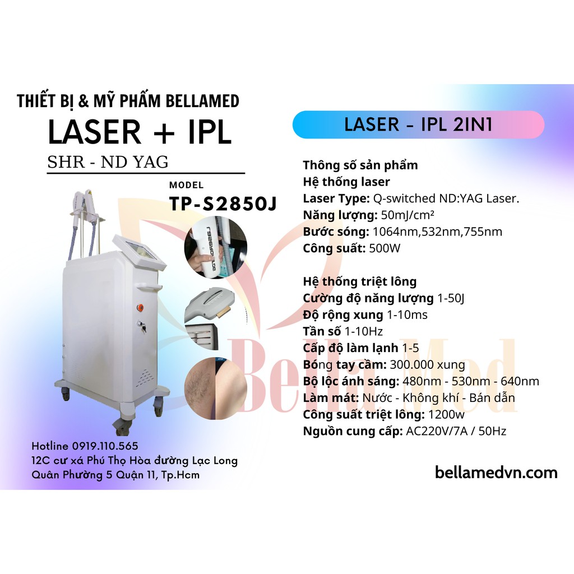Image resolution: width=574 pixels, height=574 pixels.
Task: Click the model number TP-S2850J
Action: point(223,204)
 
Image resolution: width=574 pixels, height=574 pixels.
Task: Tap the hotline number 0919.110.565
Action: point(105,446)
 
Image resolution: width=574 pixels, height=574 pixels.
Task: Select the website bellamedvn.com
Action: point(496,473)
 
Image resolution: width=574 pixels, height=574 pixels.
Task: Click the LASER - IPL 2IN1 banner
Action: point(418,124)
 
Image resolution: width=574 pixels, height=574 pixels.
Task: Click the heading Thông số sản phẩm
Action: point(360,165)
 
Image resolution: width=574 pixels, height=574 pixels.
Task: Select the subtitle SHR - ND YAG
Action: point(108,161)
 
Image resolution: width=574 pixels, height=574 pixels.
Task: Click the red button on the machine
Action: point(140,307)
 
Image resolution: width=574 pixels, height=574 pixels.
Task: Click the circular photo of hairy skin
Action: point(215,386)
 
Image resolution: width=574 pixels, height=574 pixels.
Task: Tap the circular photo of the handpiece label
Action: point(215,247)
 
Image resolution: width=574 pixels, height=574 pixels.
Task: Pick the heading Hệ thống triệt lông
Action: point(359,281)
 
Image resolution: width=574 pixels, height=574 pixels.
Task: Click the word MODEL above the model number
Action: point(186,186)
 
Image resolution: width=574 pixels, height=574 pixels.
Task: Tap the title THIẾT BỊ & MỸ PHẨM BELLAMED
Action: point(128,101)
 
